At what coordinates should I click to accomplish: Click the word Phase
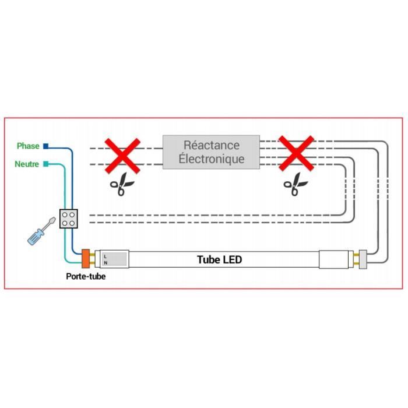[28, 146]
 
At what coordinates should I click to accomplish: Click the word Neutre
[27, 164]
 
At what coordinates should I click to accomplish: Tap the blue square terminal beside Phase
[45, 146]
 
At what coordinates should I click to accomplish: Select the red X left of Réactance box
[122, 155]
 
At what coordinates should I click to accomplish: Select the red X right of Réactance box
[296, 154]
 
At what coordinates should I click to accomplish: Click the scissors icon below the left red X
[119, 185]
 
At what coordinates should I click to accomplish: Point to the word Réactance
[211, 145]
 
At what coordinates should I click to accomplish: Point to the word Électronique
[211, 159]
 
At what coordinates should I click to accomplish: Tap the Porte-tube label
[86, 276]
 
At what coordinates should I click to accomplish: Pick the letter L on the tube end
[105, 255]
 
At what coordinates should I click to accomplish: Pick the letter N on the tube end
[105, 262]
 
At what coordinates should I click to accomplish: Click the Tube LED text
[219, 260]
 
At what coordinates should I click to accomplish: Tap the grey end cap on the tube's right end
[362, 259]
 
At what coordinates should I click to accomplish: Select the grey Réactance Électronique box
[211, 152]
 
